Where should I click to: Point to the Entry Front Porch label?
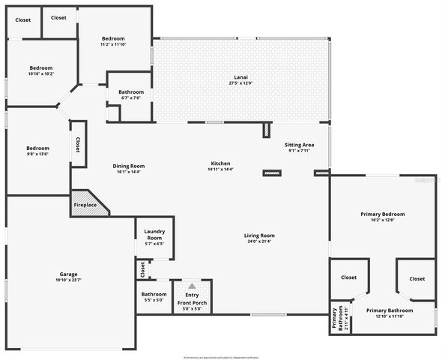click(x=193, y=300)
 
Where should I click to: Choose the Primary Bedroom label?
click(x=382, y=214)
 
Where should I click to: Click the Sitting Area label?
click(x=299, y=145)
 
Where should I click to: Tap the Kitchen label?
click(x=220, y=163)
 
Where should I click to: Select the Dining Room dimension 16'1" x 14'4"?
click(x=129, y=172)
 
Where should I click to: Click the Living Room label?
click(x=259, y=236)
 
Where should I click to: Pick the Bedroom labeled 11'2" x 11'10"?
click(x=113, y=38)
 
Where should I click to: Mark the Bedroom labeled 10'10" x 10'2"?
click(x=40, y=67)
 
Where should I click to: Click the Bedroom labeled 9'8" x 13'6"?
click(x=37, y=148)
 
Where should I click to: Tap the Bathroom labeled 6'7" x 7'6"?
click(x=130, y=91)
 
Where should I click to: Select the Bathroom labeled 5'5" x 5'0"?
click(x=154, y=294)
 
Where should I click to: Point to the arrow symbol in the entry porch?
click(x=193, y=286)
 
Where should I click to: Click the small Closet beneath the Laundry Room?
click(x=142, y=268)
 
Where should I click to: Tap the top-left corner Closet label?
click(x=23, y=20)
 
